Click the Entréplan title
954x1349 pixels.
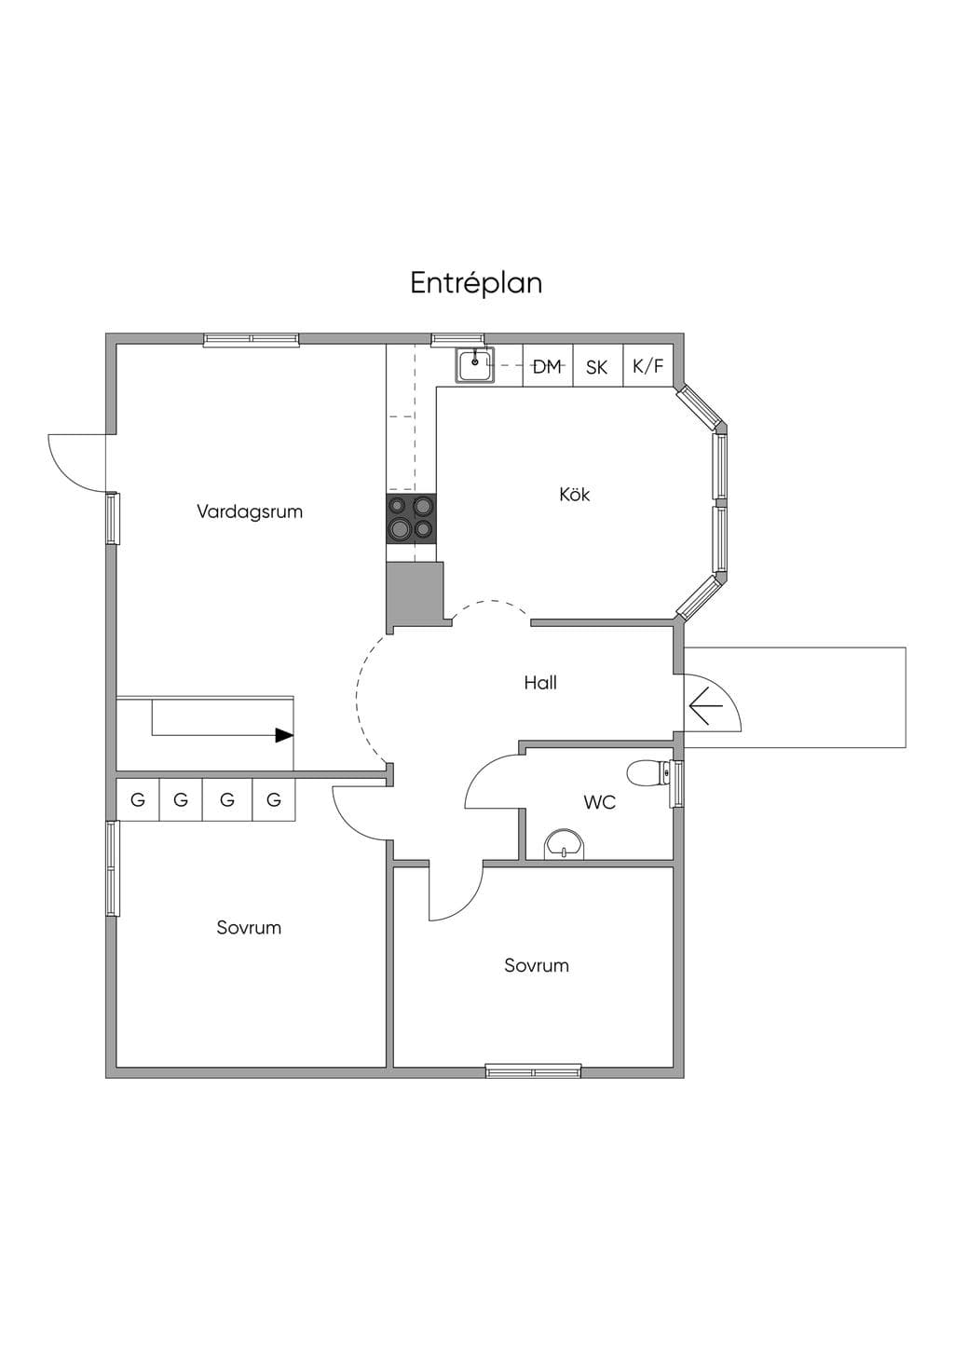(x=476, y=283)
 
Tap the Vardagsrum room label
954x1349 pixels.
(x=250, y=511)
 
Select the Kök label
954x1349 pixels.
(x=574, y=495)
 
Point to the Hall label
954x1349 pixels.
(x=540, y=682)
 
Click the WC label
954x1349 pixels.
(x=599, y=802)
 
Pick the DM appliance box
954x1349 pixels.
(x=548, y=365)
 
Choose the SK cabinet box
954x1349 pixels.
(x=597, y=365)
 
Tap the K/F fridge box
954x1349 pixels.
(x=648, y=365)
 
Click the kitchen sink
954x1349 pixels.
(x=474, y=365)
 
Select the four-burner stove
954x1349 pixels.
(x=412, y=520)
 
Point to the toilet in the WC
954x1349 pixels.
(x=647, y=772)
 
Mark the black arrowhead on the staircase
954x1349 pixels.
(x=284, y=735)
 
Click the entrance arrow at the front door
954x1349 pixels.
(x=706, y=706)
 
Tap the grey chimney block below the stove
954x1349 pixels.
(x=416, y=594)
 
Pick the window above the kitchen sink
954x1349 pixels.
(x=457, y=340)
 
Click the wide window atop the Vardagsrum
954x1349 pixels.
(x=252, y=340)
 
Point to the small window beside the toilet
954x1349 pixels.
(x=677, y=784)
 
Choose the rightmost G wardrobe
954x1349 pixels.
(x=273, y=799)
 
